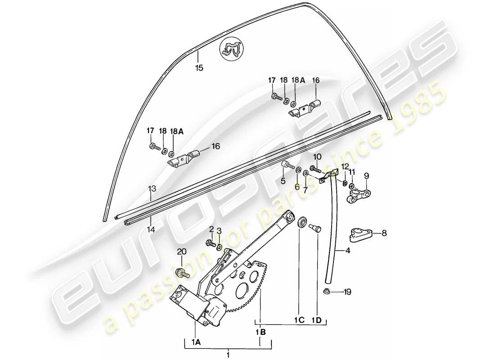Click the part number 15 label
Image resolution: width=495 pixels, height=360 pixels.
(199, 68)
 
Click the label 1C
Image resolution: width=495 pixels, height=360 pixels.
(300, 320)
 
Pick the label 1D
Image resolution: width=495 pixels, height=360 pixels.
(317, 320)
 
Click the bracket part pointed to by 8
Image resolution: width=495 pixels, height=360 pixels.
(360, 234)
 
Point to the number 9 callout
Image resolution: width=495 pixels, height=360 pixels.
(366, 175)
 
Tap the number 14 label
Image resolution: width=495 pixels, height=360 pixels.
(151, 229)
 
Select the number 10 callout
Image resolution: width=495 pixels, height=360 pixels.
(317, 156)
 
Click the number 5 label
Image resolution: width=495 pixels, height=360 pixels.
(283, 181)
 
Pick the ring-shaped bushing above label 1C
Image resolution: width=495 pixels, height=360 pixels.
(302, 222)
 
